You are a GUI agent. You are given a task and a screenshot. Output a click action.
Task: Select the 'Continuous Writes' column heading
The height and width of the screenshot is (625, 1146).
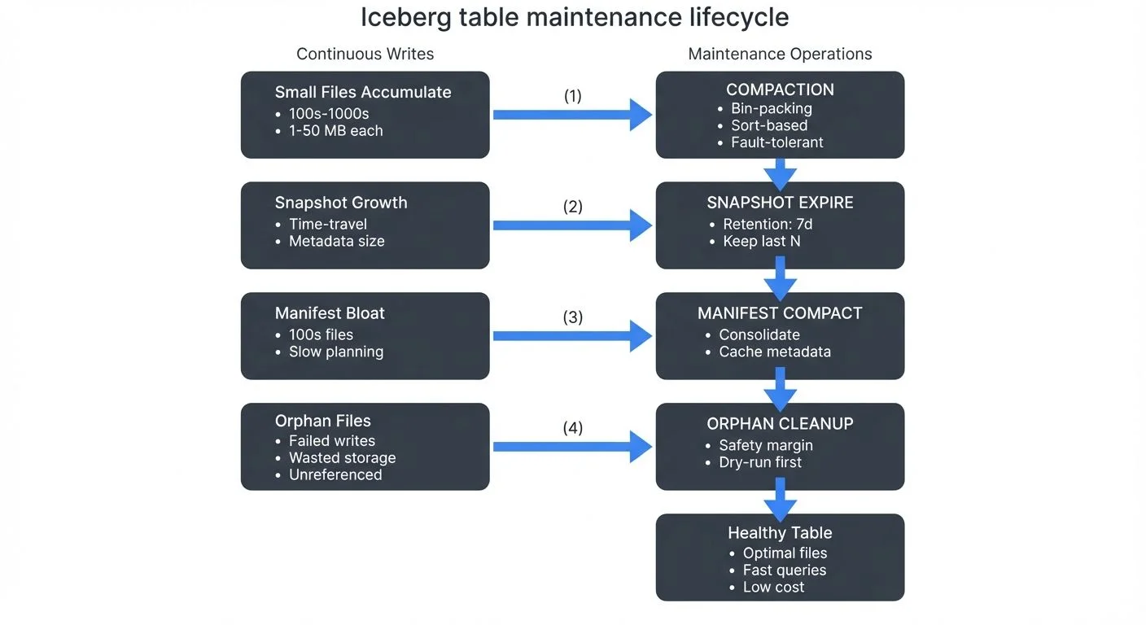365,55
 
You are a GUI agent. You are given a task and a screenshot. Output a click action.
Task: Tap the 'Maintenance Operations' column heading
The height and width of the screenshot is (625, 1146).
780,55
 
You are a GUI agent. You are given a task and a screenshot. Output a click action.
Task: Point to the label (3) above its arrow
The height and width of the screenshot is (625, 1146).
573,317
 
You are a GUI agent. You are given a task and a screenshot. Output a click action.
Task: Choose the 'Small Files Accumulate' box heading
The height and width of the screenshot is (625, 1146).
363,92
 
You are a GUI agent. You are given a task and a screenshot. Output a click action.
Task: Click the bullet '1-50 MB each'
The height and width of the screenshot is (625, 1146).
335,130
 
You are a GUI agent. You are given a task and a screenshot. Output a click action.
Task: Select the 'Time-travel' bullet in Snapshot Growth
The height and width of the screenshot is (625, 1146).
327,224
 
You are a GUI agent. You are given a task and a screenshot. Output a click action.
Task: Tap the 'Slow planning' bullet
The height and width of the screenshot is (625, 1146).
335,352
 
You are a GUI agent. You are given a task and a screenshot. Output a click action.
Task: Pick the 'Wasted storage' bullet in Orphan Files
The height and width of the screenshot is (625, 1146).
342,457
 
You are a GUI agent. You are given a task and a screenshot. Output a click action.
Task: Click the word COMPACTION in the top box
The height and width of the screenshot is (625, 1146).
780,90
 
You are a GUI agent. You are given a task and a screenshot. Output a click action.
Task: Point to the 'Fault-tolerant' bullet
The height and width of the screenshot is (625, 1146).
776,142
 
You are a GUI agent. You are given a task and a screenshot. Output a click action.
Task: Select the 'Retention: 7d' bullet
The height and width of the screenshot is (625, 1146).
768,224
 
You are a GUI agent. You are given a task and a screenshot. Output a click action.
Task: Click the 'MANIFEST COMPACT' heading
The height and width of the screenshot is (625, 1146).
780,313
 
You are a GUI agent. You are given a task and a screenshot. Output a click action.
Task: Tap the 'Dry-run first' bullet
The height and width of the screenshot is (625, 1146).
759,462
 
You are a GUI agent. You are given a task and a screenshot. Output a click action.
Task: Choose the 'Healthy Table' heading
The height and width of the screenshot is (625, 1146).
780,533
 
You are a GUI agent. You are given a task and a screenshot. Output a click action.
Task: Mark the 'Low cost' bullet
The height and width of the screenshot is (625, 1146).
773,587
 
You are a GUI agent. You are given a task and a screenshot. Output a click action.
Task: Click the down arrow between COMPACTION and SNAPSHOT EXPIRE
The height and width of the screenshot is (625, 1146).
780,172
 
